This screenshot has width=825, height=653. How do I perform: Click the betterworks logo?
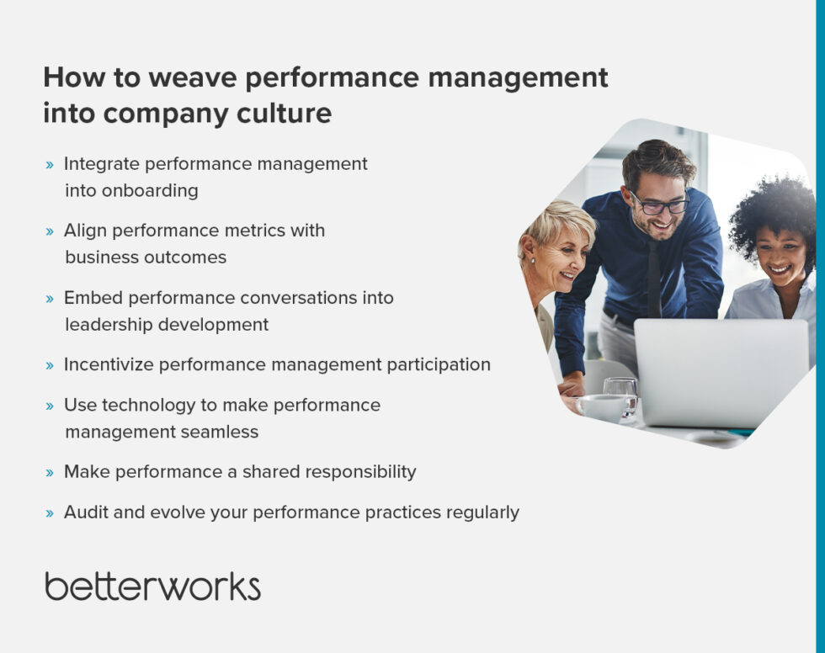(x=152, y=587)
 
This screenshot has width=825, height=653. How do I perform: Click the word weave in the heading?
(x=185, y=77)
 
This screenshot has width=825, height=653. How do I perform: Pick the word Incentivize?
(x=108, y=364)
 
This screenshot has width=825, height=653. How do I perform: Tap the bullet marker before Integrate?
(x=50, y=165)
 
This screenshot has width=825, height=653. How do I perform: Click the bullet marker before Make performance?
(x=50, y=473)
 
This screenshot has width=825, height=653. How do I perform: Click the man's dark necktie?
(x=654, y=277)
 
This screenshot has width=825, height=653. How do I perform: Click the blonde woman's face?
(x=556, y=262)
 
